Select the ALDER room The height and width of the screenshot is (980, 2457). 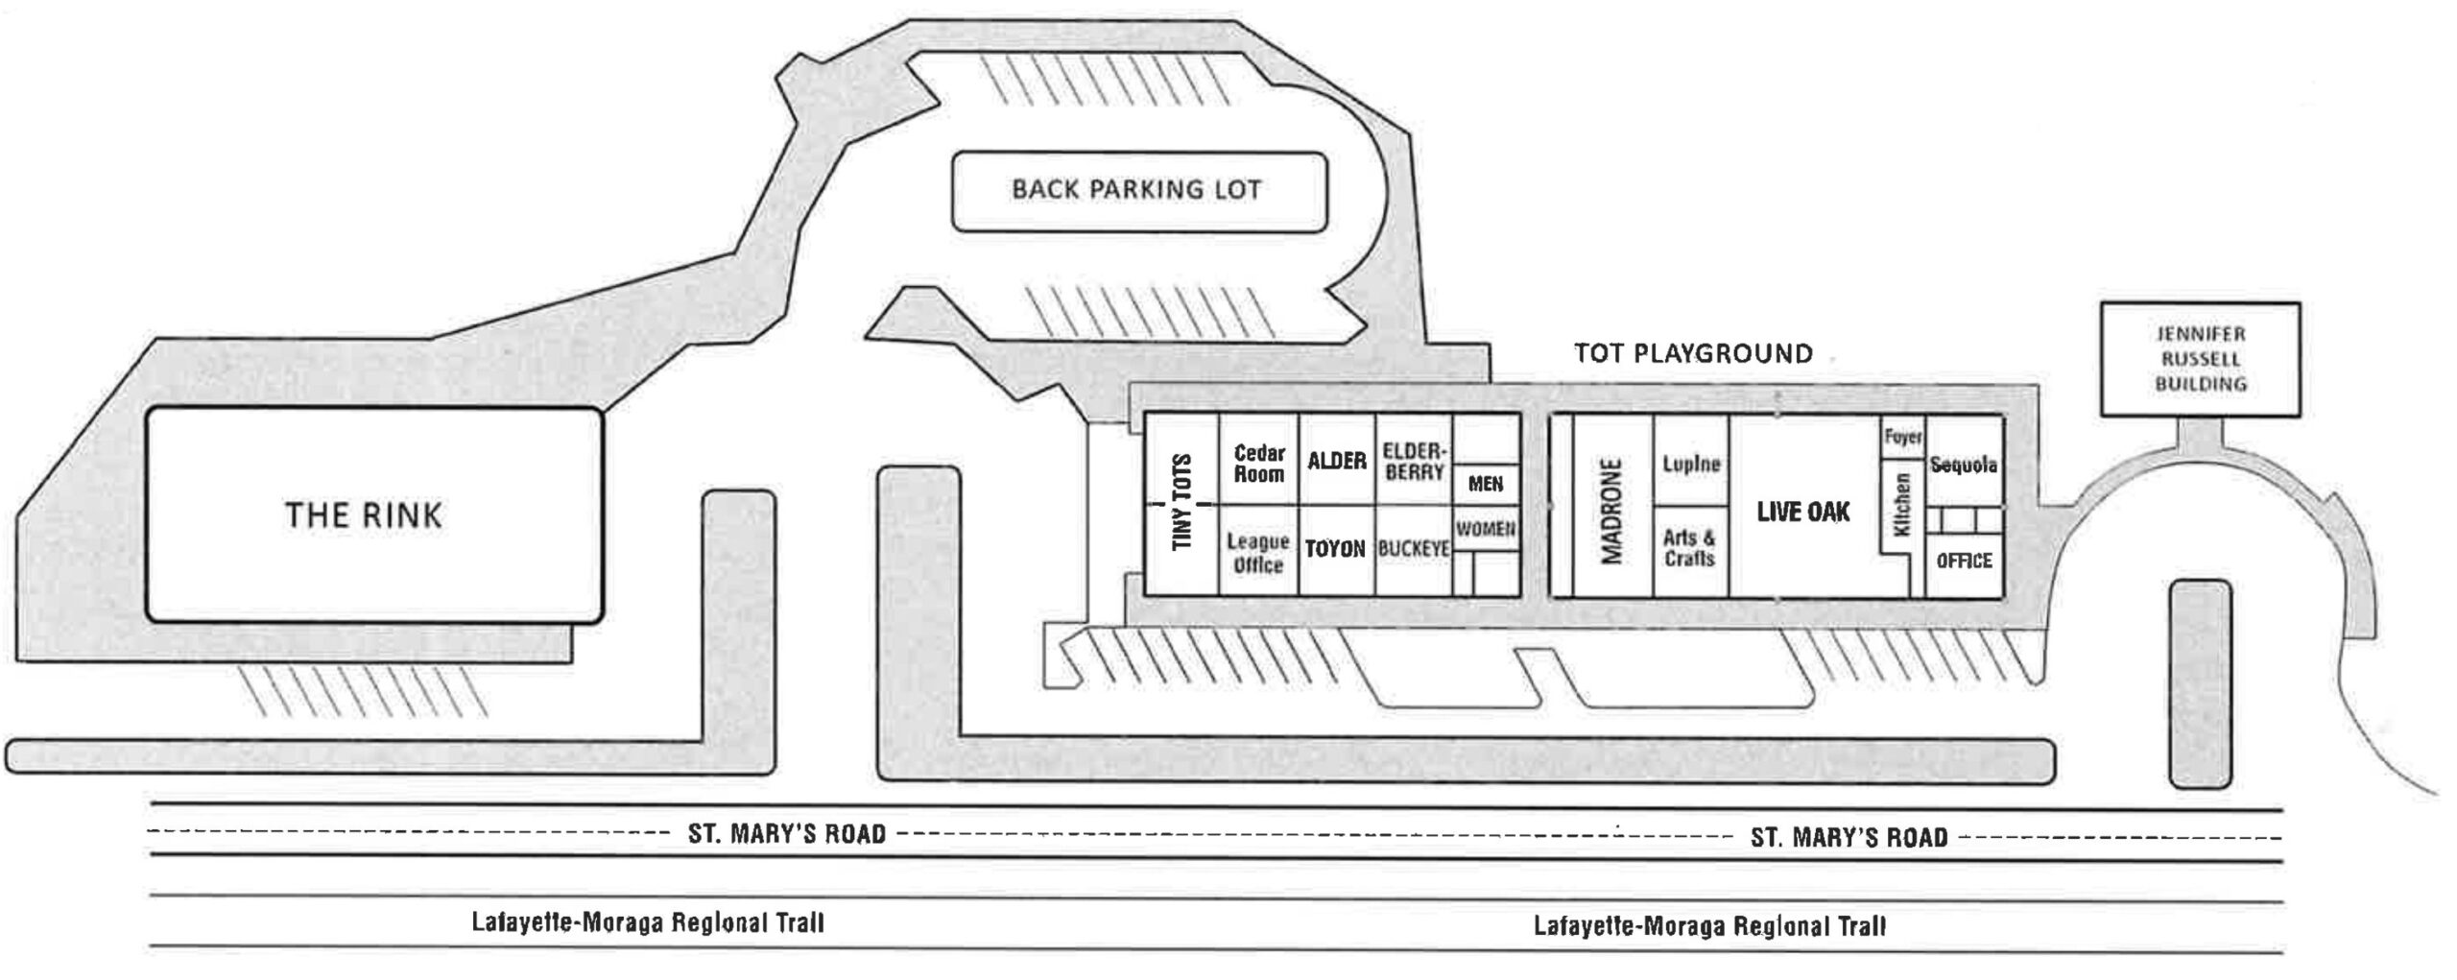click(x=1337, y=461)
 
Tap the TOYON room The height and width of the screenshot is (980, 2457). click(x=1335, y=549)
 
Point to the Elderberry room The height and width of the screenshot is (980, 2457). click(x=1414, y=461)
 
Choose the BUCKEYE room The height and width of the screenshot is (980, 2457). click(x=1414, y=549)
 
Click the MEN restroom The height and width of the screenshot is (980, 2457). click(x=1486, y=484)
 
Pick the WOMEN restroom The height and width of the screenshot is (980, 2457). click(x=1486, y=529)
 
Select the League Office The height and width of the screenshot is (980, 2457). click(x=1258, y=553)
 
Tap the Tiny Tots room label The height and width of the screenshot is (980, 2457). click(x=1182, y=502)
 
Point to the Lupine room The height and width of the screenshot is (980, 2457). click(x=1691, y=464)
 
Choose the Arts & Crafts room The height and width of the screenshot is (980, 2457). click(x=1690, y=548)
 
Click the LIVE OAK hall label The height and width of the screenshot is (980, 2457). click(x=1802, y=512)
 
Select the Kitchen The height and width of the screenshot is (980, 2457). click(x=1901, y=505)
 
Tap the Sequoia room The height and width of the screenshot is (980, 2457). click(x=1964, y=466)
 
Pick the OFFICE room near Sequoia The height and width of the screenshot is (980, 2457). click(x=1964, y=561)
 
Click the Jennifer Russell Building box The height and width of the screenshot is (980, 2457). click(x=2200, y=359)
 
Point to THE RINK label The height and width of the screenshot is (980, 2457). click(x=364, y=515)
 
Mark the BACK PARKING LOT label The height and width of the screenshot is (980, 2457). click(x=1137, y=189)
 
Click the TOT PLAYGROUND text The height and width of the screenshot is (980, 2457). click(x=1693, y=353)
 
